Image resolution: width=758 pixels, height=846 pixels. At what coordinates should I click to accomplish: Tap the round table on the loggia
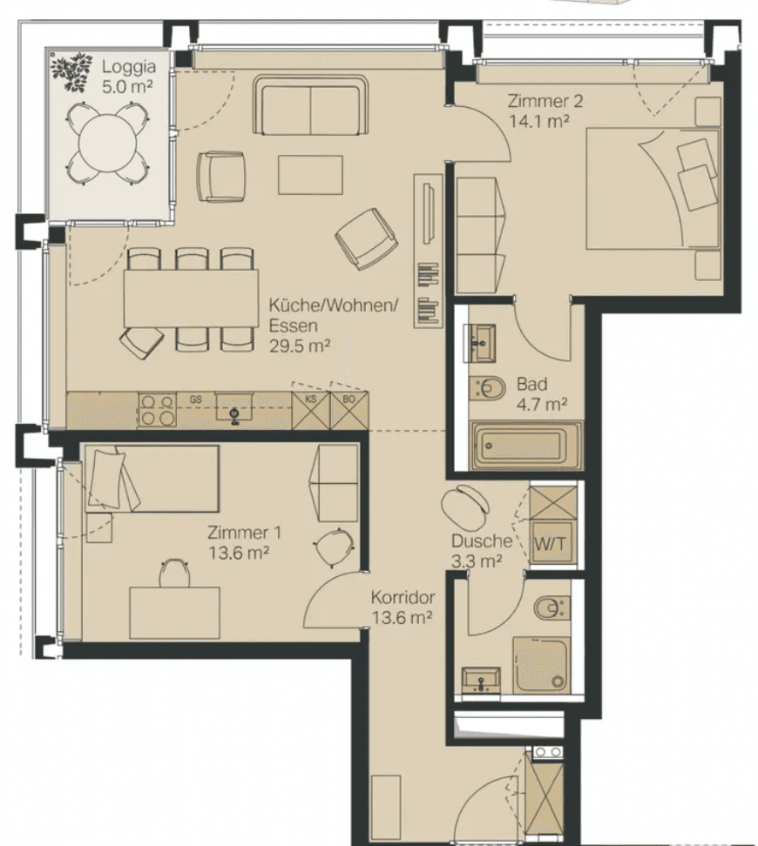coord(108,143)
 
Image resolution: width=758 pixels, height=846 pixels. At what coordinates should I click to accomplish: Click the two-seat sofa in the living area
coord(311,105)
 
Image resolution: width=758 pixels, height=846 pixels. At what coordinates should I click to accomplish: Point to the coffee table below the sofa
coord(311,175)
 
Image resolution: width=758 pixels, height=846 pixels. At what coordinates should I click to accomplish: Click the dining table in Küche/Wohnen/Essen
coord(191,299)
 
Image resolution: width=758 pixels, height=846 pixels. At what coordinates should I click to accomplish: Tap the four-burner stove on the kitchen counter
coord(157,410)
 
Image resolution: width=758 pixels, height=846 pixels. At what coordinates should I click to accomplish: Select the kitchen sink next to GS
coord(234,407)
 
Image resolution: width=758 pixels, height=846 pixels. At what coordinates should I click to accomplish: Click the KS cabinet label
coord(311,399)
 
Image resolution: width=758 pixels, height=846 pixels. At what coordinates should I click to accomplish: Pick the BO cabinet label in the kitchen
coord(349,399)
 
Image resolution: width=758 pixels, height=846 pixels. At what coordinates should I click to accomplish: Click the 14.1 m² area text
coord(538,121)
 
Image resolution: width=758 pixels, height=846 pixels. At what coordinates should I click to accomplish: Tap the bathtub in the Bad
coord(527,446)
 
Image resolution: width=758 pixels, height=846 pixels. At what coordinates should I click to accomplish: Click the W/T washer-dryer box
coord(551,543)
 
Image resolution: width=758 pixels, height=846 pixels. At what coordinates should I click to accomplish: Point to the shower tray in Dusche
coord(541,665)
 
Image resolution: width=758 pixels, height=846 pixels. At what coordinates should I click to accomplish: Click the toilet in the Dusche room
coord(552,608)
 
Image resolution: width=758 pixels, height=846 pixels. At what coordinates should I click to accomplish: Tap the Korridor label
coord(403,597)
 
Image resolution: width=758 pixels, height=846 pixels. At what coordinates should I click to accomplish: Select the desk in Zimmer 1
coord(174,613)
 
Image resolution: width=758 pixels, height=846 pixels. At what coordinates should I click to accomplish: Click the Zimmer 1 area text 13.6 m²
coord(239,553)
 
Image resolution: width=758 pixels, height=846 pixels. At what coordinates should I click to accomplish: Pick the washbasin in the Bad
coord(479,343)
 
